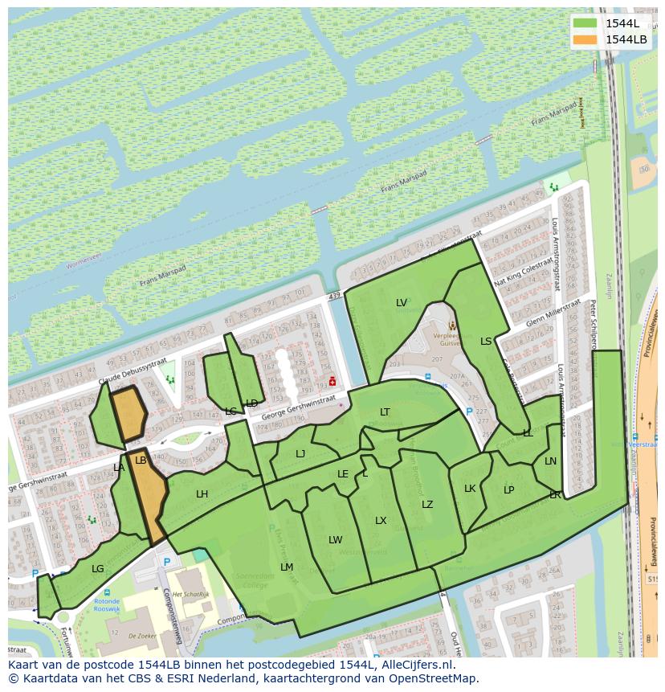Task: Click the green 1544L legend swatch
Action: point(585,23)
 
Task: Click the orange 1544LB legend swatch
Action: point(585,39)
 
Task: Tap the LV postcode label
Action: point(402,303)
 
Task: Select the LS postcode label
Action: point(486,342)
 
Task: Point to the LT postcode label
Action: point(385,412)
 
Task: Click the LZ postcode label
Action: point(427,505)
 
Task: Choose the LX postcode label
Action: point(381,521)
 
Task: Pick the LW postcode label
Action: point(335,540)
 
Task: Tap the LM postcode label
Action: point(287,567)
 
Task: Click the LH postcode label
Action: point(202,494)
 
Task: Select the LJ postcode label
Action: point(300,454)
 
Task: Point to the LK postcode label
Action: point(470,489)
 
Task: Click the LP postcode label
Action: point(508,490)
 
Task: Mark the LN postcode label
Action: point(550,461)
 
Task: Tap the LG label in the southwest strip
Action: point(98,569)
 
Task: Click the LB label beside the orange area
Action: point(141,461)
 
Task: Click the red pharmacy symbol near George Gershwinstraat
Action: point(332,381)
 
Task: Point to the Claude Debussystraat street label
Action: point(132,370)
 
